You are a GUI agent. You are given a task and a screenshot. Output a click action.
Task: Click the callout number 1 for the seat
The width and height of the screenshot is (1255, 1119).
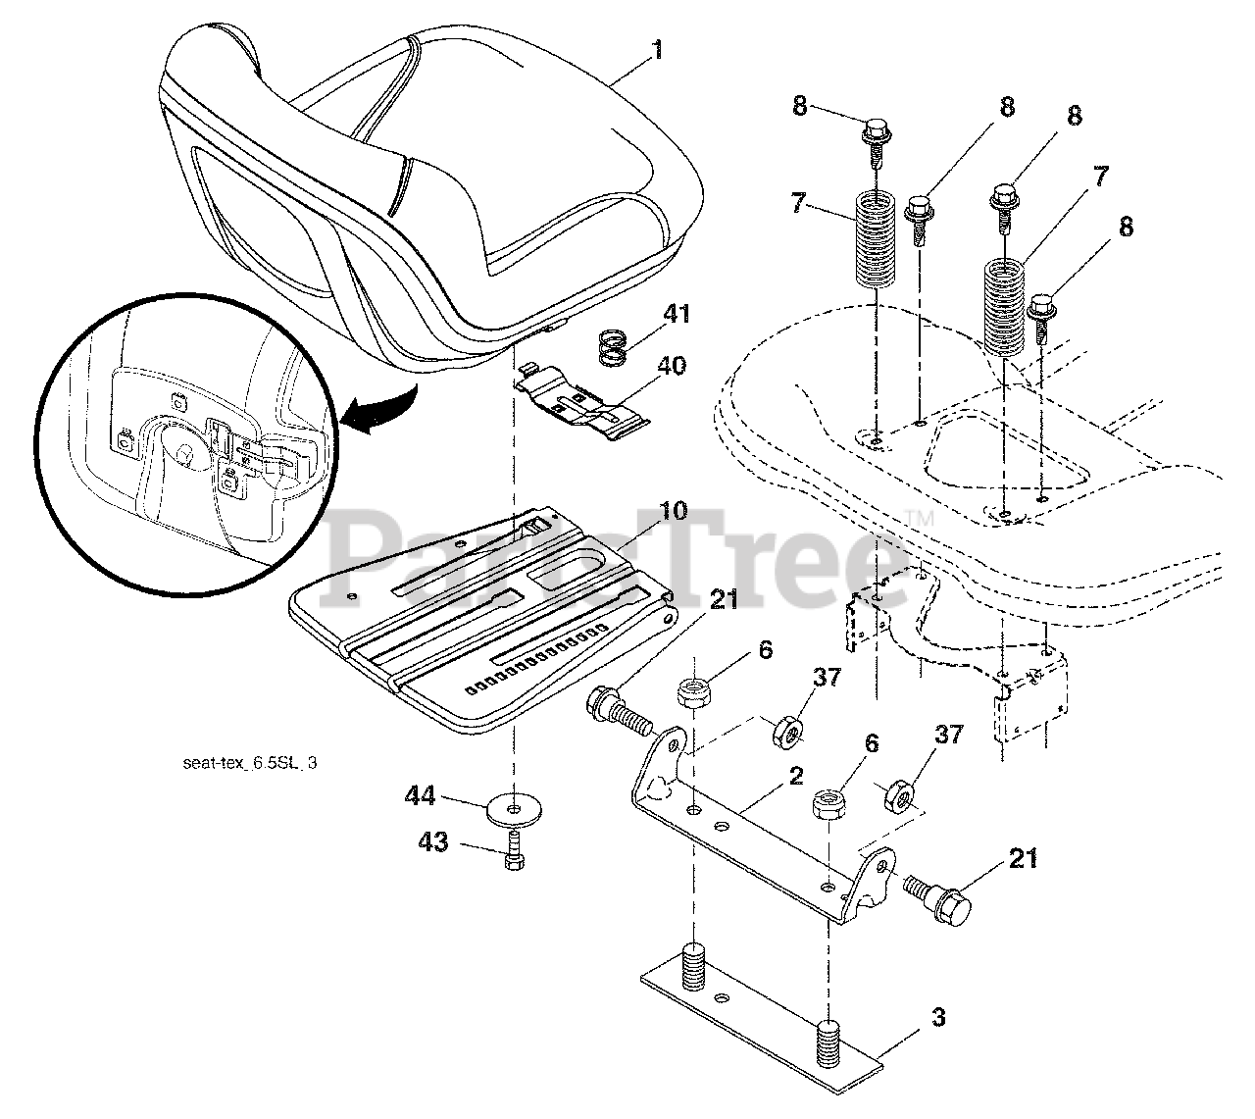pos(656,49)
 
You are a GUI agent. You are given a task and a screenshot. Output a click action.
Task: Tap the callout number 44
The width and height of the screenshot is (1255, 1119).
pos(422,796)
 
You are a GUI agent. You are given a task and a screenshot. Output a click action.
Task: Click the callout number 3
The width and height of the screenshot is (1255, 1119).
pos(938,1019)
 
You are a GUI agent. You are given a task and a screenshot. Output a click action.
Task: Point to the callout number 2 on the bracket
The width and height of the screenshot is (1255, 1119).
pos(795,777)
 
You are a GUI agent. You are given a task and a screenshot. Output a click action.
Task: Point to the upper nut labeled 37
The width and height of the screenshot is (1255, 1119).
pos(786,730)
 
